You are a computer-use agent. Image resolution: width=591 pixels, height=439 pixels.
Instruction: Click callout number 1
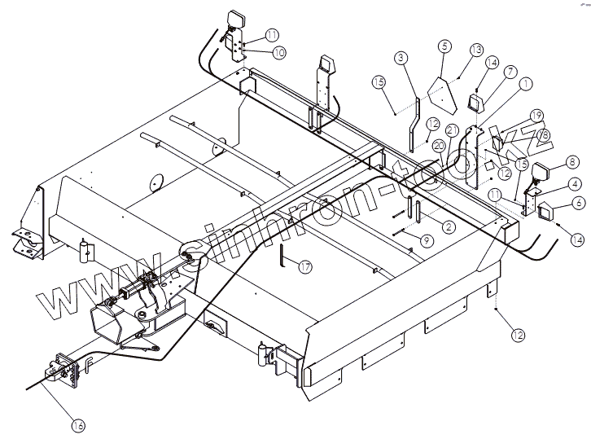[526, 82]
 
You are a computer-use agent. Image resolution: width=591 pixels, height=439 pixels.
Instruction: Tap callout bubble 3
[401, 58]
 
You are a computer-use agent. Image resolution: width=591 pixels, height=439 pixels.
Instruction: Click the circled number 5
[444, 47]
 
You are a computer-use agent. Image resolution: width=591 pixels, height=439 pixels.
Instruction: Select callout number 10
[278, 52]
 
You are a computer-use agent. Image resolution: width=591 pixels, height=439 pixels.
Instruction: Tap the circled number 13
[476, 51]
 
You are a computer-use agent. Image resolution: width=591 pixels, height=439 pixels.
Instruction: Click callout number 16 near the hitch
[77, 425]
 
